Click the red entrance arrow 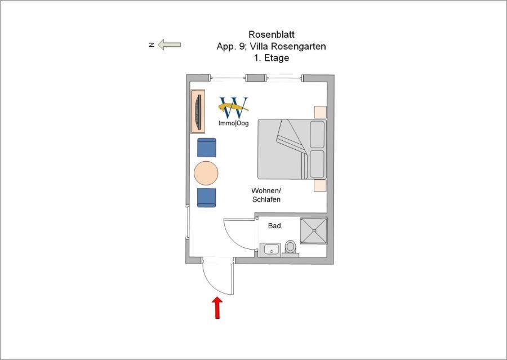point(217,308)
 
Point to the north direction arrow point(170,45)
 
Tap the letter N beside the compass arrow point(151,45)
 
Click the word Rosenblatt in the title point(272,34)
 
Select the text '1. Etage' point(272,58)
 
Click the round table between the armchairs point(206,173)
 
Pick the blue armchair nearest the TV point(207,148)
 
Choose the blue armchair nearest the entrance point(207,198)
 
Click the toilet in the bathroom point(290,248)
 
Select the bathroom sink point(271,250)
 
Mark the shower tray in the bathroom point(314,230)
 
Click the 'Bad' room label point(274,226)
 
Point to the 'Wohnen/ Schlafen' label point(266,195)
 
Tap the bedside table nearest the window point(321,112)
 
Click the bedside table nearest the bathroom point(320,186)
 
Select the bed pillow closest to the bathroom point(317,164)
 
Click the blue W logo point(234,108)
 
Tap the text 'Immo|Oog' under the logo point(233,123)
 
